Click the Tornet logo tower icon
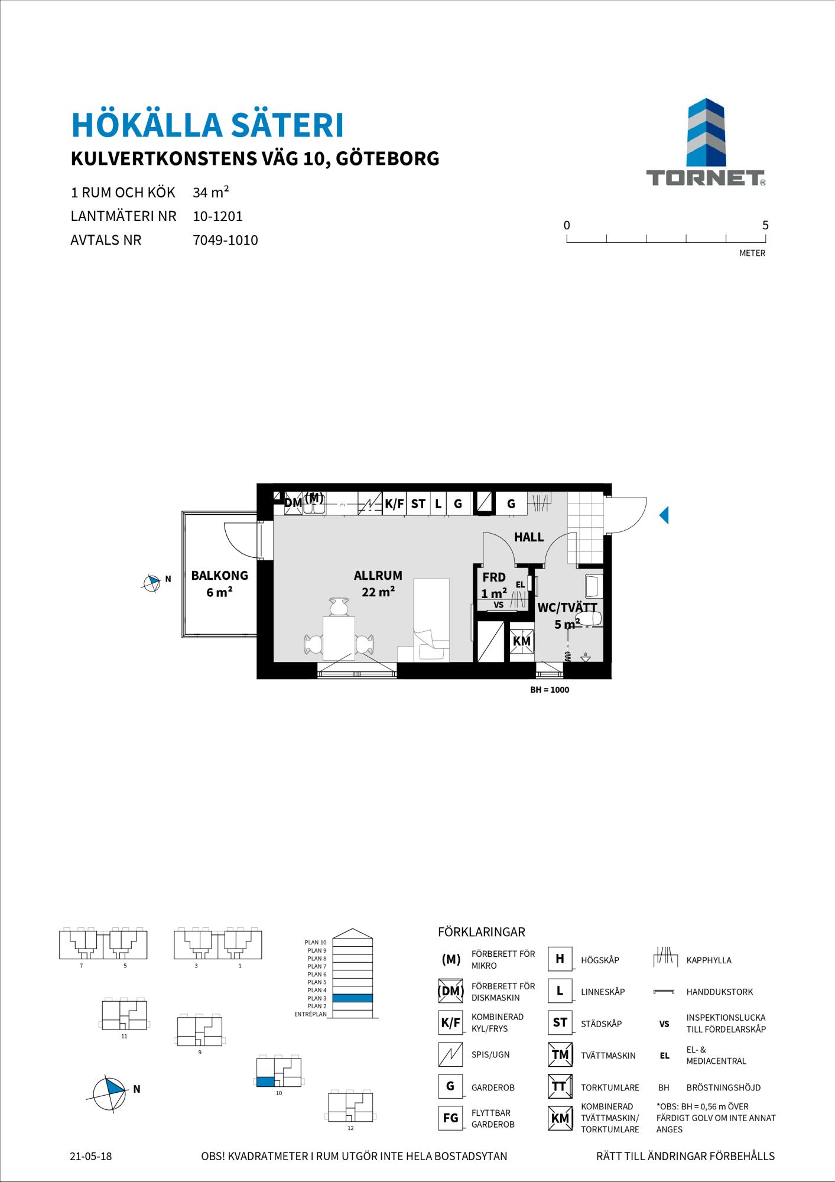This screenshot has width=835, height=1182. pyautogui.click(x=706, y=132)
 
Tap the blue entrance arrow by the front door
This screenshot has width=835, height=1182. pyautogui.click(x=664, y=515)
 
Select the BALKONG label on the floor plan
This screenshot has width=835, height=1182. pyautogui.click(x=220, y=575)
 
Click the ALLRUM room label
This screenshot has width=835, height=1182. pyautogui.click(x=378, y=575)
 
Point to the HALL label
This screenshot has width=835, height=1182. pyautogui.click(x=529, y=537)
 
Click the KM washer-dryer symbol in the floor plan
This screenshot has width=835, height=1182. pyautogui.click(x=522, y=641)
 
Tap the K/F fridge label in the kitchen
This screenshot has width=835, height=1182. pyautogui.click(x=394, y=504)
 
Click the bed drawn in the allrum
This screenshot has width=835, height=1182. pyautogui.click(x=431, y=620)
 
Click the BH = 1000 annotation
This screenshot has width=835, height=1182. pyautogui.click(x=550, y=690)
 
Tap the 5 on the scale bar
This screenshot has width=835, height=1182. pyautogui.click(x=765, y=225)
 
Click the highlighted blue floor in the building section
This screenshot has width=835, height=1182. pyautogui.click(x=352, y=998)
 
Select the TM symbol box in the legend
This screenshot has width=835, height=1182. pyautogui.click(x=560, y=1055)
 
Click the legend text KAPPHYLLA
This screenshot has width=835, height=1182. pyautogui.click(x=709, y=960)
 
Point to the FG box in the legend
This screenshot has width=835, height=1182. pyautogui.click(x=450, y=1118)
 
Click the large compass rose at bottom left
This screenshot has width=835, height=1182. pyautogui.click(x=109, y=1089)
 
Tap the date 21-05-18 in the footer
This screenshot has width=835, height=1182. pyautogui.click(x=90, y=1156)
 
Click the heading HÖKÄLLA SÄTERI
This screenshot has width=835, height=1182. pyautogui.click(x=207, y=125)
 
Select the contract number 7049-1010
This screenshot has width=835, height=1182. pyautogui.click(x=226, y=241)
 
